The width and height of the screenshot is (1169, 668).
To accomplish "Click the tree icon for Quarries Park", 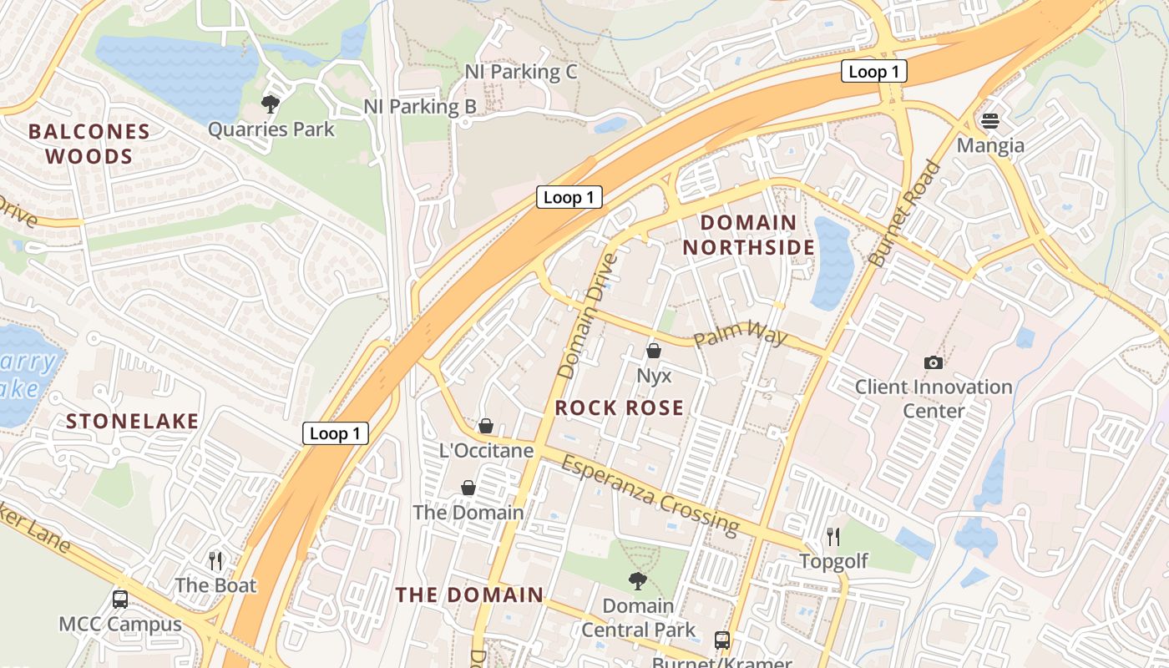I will click(270, 104).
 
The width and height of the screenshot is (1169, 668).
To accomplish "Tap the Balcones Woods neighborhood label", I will click(89, 144).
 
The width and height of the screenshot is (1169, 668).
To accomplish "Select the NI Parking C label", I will click(521, 72).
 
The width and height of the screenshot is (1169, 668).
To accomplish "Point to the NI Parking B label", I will click(420, 107).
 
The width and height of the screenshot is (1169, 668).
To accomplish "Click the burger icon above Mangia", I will click(990, 121).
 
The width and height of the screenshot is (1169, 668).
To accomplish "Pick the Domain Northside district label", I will click(749, 235).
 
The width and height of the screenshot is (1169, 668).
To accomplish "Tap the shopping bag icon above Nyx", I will click(654, 351).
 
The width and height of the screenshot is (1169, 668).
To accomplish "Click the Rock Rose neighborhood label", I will click(620, 407).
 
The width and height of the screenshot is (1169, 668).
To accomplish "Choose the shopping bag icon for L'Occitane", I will click(486, 427).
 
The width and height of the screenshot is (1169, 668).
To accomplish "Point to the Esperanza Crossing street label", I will click(650, 494).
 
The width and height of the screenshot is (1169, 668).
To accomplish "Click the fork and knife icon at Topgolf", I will click(832, 536).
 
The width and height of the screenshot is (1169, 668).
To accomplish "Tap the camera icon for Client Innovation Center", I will click(934, 362).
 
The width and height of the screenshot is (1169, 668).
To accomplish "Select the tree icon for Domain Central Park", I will click(638, 581).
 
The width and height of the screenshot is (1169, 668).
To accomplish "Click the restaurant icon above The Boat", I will click(215, 560).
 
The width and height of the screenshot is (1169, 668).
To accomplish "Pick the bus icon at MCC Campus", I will click(120, 599).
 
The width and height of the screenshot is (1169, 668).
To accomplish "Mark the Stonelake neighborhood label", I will click(133, 421).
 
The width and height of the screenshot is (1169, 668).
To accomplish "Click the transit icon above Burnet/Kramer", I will click(722, 640).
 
